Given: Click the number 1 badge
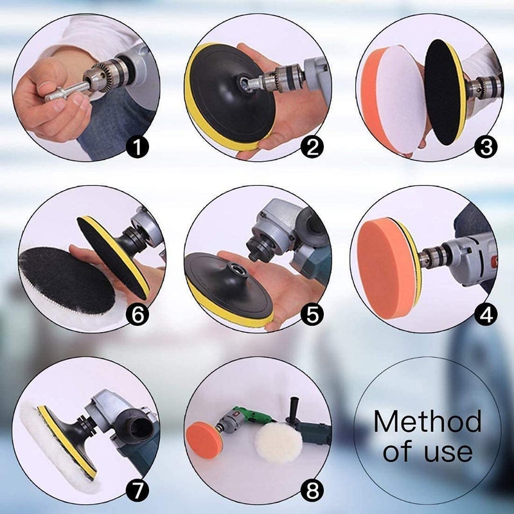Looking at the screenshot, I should click(137, 147).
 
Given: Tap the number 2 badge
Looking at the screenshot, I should click(312, 147).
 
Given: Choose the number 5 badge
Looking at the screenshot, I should click(312, 314).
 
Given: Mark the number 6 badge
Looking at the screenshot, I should click(137, 314).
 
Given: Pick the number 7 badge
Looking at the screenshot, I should click(137, 491).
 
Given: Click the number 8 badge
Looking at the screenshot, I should click(312, 491).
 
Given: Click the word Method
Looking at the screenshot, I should click(427, 422).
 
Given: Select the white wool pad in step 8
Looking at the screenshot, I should click(278, 443).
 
